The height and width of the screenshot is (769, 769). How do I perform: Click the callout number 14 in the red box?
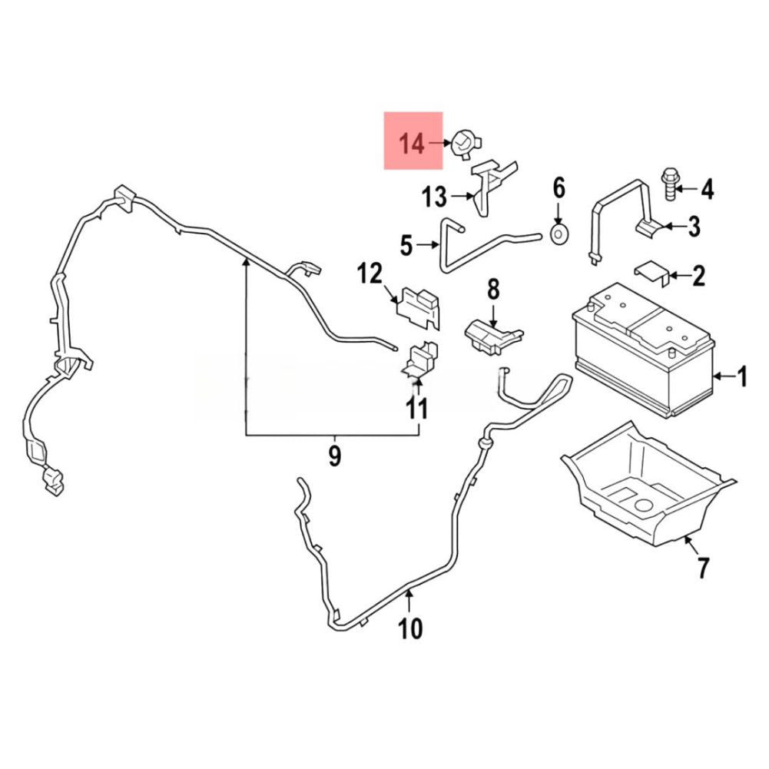(411, 144)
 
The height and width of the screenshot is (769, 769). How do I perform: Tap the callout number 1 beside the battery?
(741, 376)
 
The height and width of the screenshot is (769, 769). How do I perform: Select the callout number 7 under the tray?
(703, 568)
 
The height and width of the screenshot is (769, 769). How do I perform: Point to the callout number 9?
(334, 456)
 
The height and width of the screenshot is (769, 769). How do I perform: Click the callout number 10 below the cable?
(410, 628)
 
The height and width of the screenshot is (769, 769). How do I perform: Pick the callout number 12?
(370, 273)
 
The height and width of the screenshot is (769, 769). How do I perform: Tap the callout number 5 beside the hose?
(406, 245)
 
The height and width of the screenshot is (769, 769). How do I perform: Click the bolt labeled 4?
(669, 185)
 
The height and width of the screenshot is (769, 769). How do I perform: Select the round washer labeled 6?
(559, 235)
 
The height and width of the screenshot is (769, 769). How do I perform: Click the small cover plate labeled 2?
(652, 273)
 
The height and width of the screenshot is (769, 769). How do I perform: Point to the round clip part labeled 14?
(464, 144)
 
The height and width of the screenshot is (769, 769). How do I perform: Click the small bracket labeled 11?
(419, 360)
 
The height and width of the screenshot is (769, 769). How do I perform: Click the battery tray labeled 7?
(648, 486)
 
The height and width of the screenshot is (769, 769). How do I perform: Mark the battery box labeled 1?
(644, 350)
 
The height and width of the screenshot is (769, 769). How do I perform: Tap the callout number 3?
(694, 227)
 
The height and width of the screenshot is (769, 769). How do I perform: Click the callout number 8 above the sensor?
(493, 290)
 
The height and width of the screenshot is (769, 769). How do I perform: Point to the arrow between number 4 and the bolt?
(687, 188)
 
